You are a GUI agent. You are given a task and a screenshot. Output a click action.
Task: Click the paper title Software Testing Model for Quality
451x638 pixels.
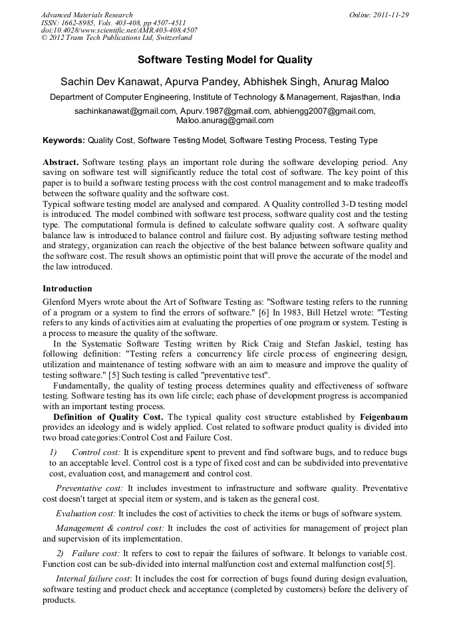225,60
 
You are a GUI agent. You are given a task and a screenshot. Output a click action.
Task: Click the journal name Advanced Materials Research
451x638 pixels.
86,15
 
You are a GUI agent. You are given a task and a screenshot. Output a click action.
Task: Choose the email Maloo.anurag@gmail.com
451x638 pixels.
225,120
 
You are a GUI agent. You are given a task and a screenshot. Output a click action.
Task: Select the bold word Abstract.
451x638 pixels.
61,162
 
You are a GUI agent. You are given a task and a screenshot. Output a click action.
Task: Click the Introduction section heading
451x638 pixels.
67,289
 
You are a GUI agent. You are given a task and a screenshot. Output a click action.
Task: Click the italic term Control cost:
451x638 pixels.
96,452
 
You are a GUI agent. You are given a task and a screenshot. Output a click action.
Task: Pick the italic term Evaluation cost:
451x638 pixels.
86,513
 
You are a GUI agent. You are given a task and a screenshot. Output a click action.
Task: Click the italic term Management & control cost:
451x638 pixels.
110,528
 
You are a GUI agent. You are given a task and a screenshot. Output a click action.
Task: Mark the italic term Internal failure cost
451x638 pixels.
93,579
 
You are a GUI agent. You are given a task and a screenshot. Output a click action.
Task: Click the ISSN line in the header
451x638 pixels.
113,23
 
